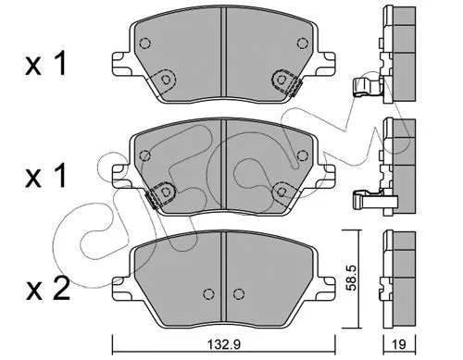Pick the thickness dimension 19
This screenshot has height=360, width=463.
397,344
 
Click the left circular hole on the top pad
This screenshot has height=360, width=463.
167,81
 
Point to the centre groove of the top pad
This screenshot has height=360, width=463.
223,56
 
